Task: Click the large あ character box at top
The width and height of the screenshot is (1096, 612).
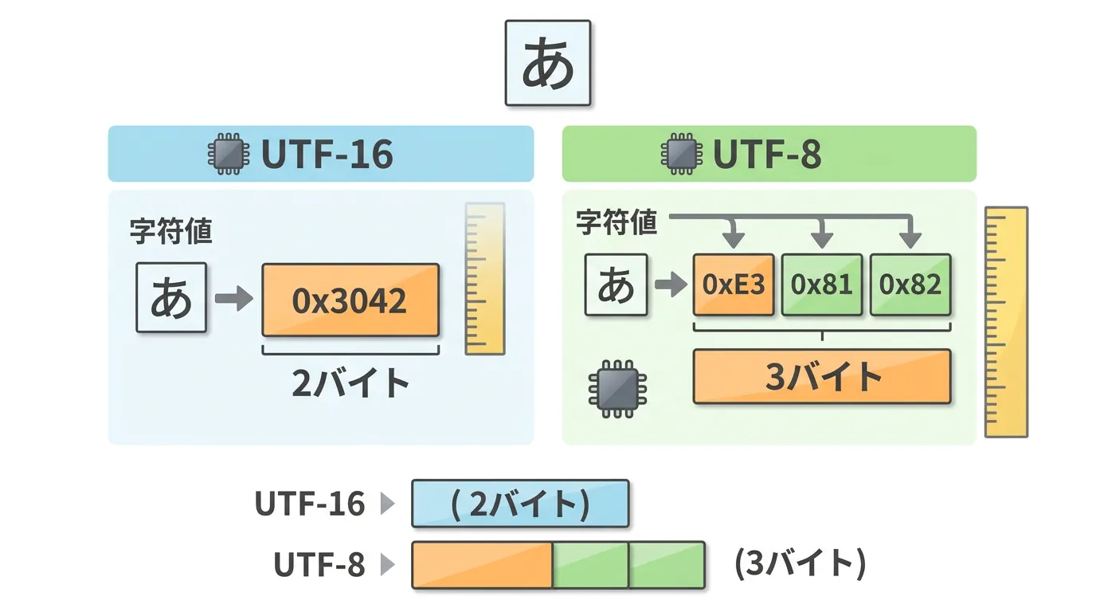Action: click(x=548, y=64)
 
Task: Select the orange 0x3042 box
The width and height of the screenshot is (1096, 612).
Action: click(x=350, y=300)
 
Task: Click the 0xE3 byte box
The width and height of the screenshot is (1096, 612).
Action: click(x=734, y=284)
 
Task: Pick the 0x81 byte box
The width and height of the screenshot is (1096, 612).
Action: click(x=822, y=284)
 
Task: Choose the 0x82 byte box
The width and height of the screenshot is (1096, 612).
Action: click(x=910, y=284)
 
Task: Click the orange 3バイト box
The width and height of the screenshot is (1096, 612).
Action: click(x=822, y=376)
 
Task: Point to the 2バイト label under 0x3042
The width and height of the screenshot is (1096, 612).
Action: click(x=350, y=383)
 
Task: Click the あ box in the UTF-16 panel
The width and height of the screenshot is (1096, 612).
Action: click(x=171, y=297)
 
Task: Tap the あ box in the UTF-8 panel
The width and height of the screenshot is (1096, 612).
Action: click(x=616, y=284)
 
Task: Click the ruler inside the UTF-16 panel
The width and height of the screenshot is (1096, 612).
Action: click(x=485, y=278)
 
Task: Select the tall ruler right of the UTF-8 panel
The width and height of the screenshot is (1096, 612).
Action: click(x=1006, y=322)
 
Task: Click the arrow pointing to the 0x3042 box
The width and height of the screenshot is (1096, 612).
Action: click(x=233, y=300)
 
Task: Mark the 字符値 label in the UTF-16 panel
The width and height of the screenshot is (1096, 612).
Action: click(x=171, y=232)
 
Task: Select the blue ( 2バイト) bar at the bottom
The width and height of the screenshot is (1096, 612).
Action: click(x=520, y=504)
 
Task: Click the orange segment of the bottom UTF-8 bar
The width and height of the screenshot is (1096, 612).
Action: click(x=482, y=565)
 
